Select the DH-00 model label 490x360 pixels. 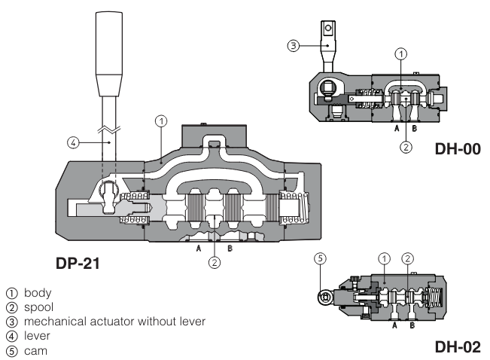click(x=457, y=149)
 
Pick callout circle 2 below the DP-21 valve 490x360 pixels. click(x=215, y=263)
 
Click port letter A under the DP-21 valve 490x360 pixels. click(x=198, y=248)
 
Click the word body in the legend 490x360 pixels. click(x=37, y=292)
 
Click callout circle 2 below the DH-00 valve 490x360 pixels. click(x=406, y=147)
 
